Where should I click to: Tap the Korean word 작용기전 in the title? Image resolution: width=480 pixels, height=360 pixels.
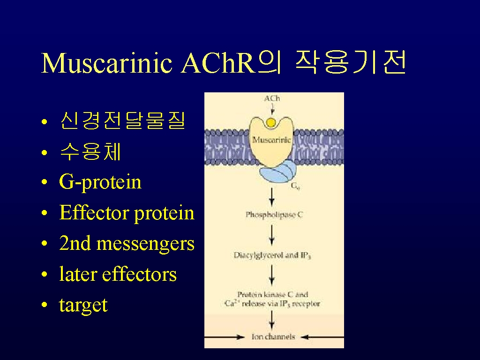pos(351,62)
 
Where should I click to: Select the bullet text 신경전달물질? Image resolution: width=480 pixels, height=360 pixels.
pos(123,120)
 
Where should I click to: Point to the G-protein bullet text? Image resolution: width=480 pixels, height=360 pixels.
pos(100,182)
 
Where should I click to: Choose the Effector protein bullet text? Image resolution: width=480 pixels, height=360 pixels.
pos(127,213)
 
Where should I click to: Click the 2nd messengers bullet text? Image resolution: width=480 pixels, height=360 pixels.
pos(127,244)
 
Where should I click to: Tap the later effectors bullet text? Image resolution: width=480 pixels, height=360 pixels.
pos(118,274)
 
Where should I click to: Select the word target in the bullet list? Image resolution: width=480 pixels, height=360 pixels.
pos(83,305)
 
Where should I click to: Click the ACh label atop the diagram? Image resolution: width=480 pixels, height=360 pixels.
pos(272,98)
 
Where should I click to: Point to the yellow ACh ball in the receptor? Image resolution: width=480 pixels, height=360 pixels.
pos(271,123)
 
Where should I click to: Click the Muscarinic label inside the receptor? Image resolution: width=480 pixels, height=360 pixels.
pos(271,140)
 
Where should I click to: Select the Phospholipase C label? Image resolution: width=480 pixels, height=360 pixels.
pos(274,215)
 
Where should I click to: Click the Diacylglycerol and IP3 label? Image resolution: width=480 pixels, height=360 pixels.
pos(272,255)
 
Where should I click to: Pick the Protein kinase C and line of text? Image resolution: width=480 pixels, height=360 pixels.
pos(272,294)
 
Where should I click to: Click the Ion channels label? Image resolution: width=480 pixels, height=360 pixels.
pos(273,337)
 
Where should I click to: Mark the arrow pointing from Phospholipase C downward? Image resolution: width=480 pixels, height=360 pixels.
pos(271,235)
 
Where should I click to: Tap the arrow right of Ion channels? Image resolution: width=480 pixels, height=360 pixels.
pos(322,337)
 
